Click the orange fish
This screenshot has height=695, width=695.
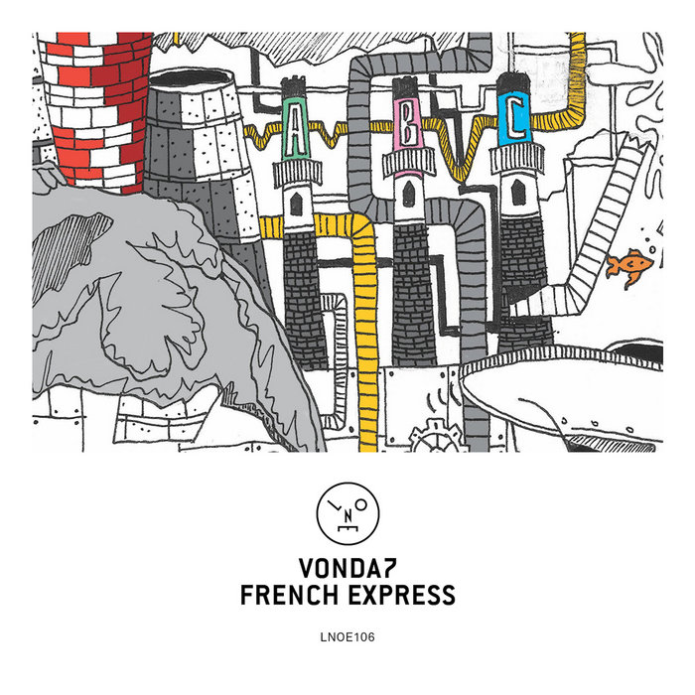tap(629, 264)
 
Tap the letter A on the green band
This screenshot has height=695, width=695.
tap(293, 138)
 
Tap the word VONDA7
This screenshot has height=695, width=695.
tap(347, 569)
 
